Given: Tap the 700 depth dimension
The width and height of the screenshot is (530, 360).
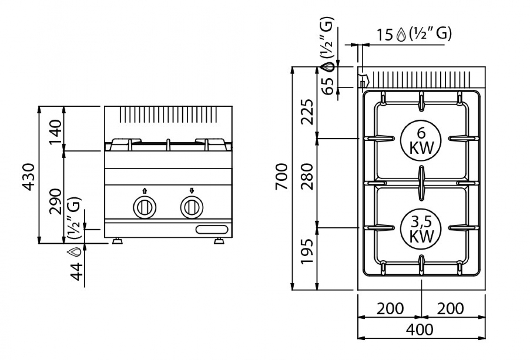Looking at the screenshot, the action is tap(282, 177).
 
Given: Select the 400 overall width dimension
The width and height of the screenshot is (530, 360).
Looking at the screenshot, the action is tap(419, 330).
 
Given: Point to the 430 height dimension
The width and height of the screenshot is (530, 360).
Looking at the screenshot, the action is tap(29, 177).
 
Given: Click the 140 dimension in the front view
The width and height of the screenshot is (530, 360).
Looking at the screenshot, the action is tap(55, 132).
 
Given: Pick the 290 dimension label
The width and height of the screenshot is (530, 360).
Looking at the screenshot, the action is tap(55, 202).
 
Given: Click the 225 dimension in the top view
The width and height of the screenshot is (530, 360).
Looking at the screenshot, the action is tap(307, 112).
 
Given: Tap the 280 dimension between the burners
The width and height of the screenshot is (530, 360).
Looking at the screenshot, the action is tap(307, 177).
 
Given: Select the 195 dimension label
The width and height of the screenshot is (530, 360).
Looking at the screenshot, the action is tap(307, 252).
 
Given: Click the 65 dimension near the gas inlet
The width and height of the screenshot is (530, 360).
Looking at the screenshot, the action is tap(328, 86).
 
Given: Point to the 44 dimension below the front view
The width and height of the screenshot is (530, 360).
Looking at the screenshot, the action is tap(76, 272).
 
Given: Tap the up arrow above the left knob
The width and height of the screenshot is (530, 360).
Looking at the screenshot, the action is tap(145, 191).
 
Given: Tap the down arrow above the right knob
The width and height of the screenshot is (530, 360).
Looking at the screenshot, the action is tap(192, 191).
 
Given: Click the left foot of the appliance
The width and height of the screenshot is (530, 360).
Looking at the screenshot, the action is tap(117, 241).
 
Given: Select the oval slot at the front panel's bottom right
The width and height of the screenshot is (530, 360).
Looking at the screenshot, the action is tap(212, 229).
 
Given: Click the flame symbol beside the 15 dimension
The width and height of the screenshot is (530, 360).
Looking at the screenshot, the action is tap(401, 34).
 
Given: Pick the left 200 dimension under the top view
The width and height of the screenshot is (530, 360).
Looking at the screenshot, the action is tap(390, 309).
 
